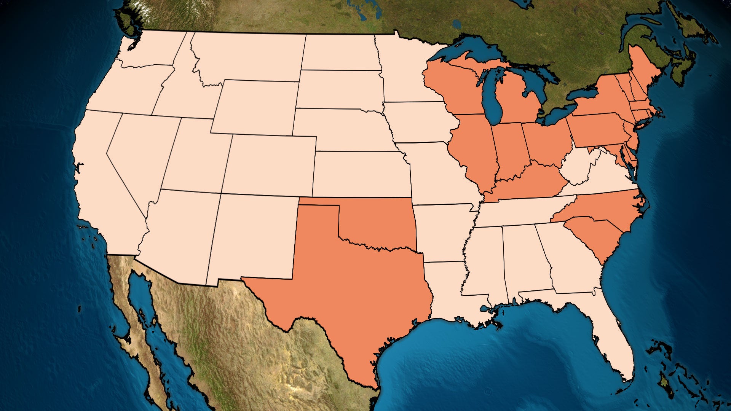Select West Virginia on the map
tap(575, 167)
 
